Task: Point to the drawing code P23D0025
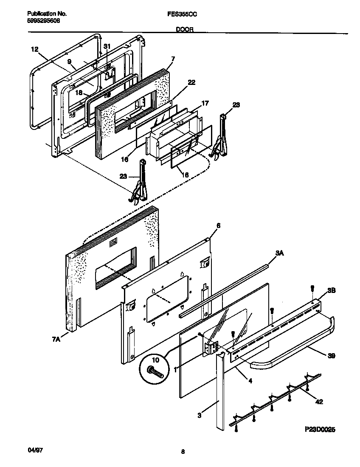(319, 430)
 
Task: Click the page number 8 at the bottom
(183, 452)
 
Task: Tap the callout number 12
(35, 49)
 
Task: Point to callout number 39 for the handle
(331, 356)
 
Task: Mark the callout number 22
(191, 82)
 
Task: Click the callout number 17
(205, 103)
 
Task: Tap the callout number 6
(218, 226)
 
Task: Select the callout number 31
(107, 46)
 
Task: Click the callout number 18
(79, 92)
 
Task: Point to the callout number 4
(250, 380)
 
